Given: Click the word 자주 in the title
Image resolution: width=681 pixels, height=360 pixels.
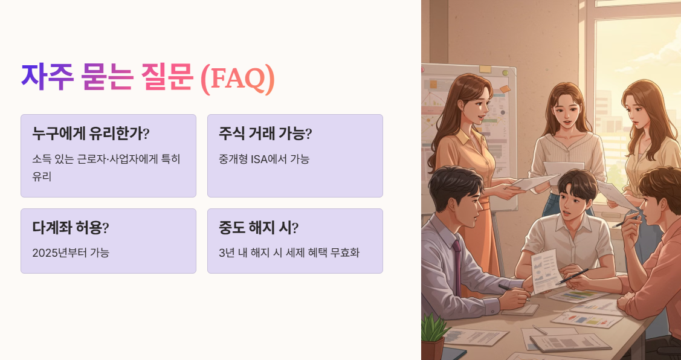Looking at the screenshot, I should coord(47,77).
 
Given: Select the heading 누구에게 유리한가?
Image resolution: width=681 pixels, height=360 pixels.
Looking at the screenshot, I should coord(91,133).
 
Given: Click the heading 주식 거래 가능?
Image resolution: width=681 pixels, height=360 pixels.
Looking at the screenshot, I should coord(265,133).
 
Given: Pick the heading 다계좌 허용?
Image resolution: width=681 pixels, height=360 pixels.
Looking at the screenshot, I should coord(71,228).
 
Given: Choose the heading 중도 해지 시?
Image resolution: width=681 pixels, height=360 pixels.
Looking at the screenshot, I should coord(259,228).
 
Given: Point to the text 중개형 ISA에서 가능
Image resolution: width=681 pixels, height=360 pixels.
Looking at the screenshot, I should coord(264,159).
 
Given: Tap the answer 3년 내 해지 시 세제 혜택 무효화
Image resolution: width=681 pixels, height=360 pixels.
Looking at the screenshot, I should coord(289,252).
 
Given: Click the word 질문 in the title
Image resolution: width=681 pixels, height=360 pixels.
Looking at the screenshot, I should coord(167,77).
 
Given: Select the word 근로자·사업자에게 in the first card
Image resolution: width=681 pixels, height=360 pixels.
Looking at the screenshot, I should coord(118,159).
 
